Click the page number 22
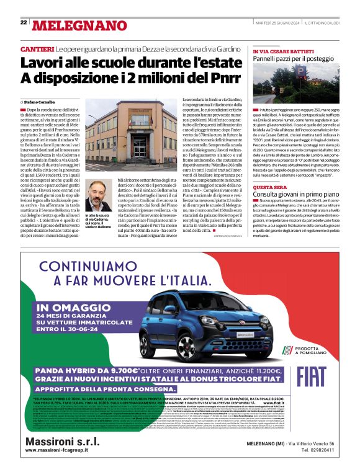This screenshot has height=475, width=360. (x=24, y=22)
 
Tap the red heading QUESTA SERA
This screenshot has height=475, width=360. (x=269, y=187)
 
